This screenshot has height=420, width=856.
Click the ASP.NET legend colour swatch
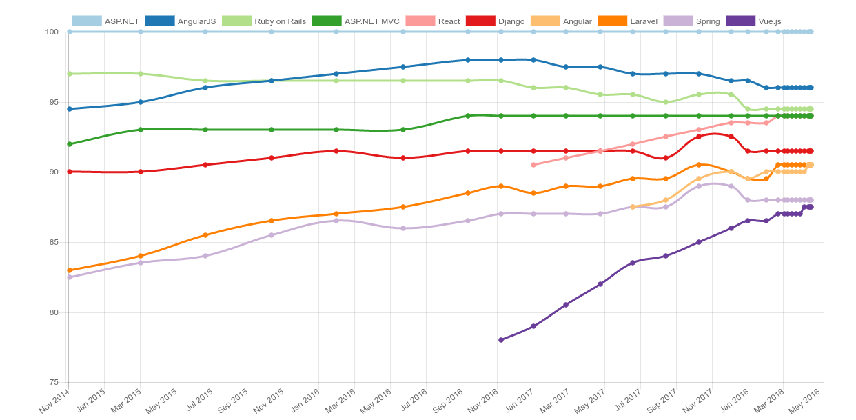pos(87,21)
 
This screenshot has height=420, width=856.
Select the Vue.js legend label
pos(770,21)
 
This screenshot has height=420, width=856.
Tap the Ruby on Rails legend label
pos(280,21)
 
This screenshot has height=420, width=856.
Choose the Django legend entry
pos(496,21)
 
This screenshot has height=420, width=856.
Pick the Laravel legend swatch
pos(613,21)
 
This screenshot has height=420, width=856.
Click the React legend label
pos(449,21)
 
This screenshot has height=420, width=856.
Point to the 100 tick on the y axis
pos(52,32)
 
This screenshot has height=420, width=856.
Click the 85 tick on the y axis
pos(54,243)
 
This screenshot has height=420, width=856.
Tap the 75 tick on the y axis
pos(54,383)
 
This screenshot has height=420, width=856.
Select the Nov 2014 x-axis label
pos(54,401)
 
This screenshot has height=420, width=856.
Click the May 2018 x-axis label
pos(804,401)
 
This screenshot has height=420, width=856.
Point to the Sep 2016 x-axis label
pos(447,401)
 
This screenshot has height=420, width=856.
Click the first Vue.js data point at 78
pos(501,340)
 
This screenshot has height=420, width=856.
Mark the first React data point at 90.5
pos(533,165)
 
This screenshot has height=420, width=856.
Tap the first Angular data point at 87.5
pos(633,207)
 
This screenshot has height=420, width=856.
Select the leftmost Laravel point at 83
pos(70,270)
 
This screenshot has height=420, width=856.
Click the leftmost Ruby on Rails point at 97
pos(70,74)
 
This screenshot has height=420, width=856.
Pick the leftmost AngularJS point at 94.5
pos(70,109)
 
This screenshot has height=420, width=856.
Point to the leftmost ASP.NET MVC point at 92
pos(70,144)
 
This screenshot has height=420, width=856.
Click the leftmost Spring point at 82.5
pos(70,277)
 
